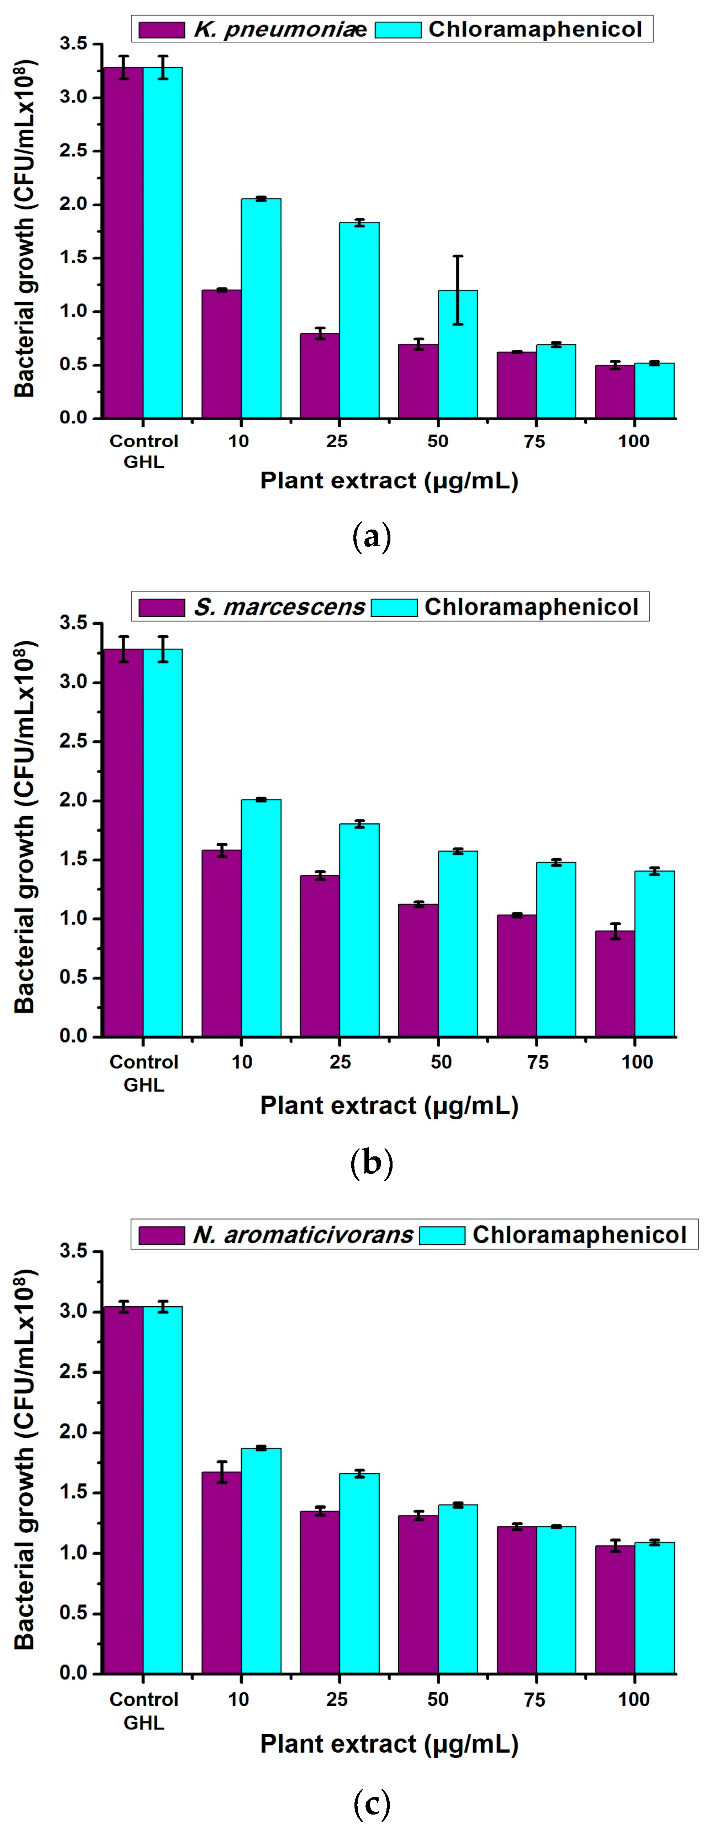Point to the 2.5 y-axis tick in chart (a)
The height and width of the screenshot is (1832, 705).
click(83, 151)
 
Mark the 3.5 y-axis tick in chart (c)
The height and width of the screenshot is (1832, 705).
click(83, 1250)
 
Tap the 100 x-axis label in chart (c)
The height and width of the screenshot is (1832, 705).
click(633, 1700)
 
